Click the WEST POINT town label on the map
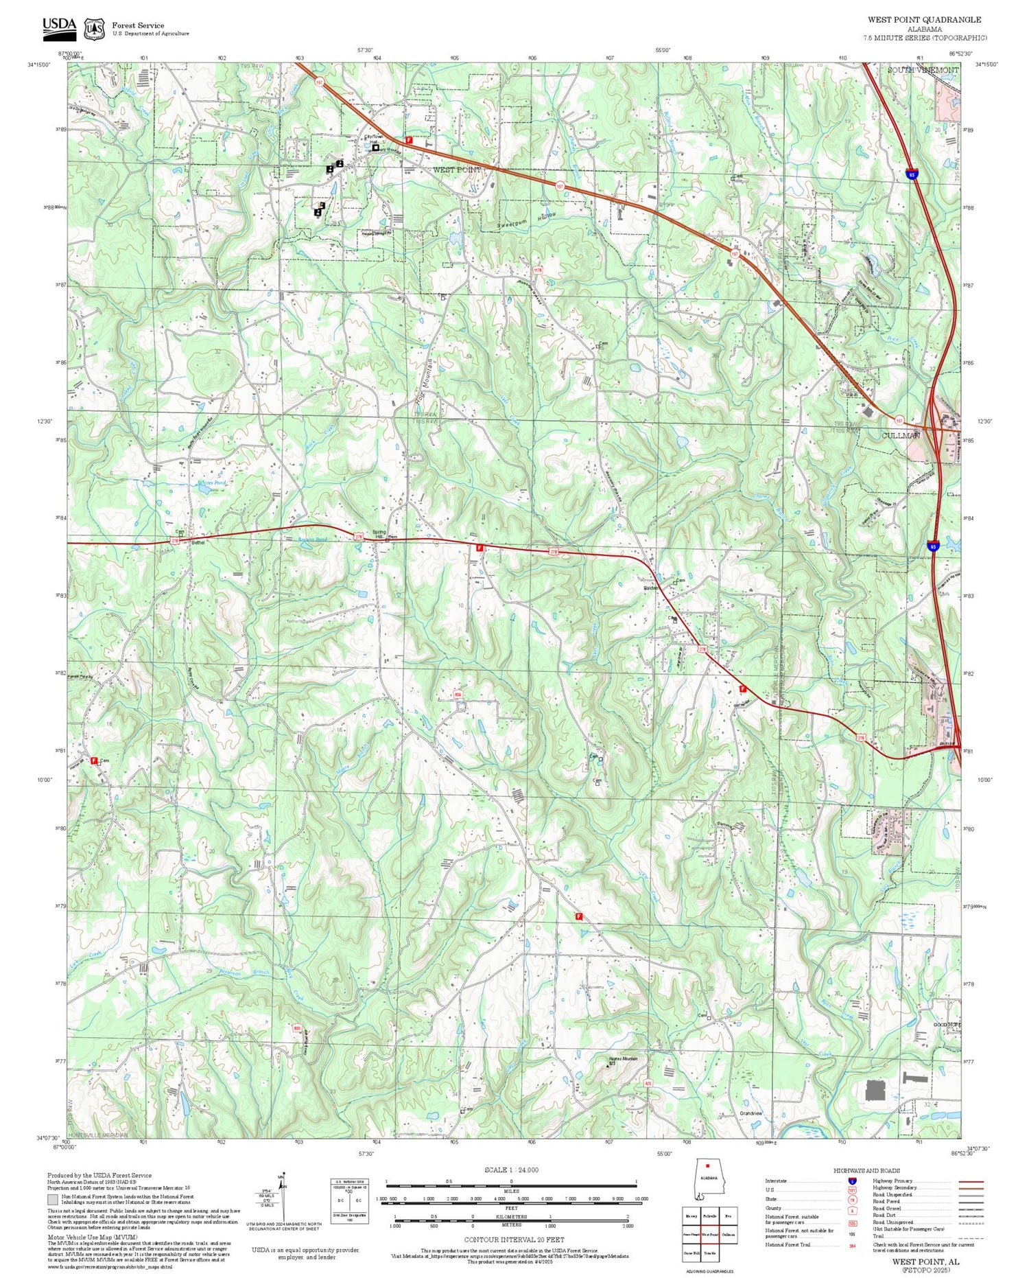tap(457, 169)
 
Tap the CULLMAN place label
tap(901, 435)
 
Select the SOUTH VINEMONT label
tap(923, 71)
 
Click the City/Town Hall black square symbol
tap(376, 147)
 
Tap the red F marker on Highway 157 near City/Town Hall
tap(409, 139)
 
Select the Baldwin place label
tap(650, 588)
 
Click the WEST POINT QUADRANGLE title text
tap(924, 20)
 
